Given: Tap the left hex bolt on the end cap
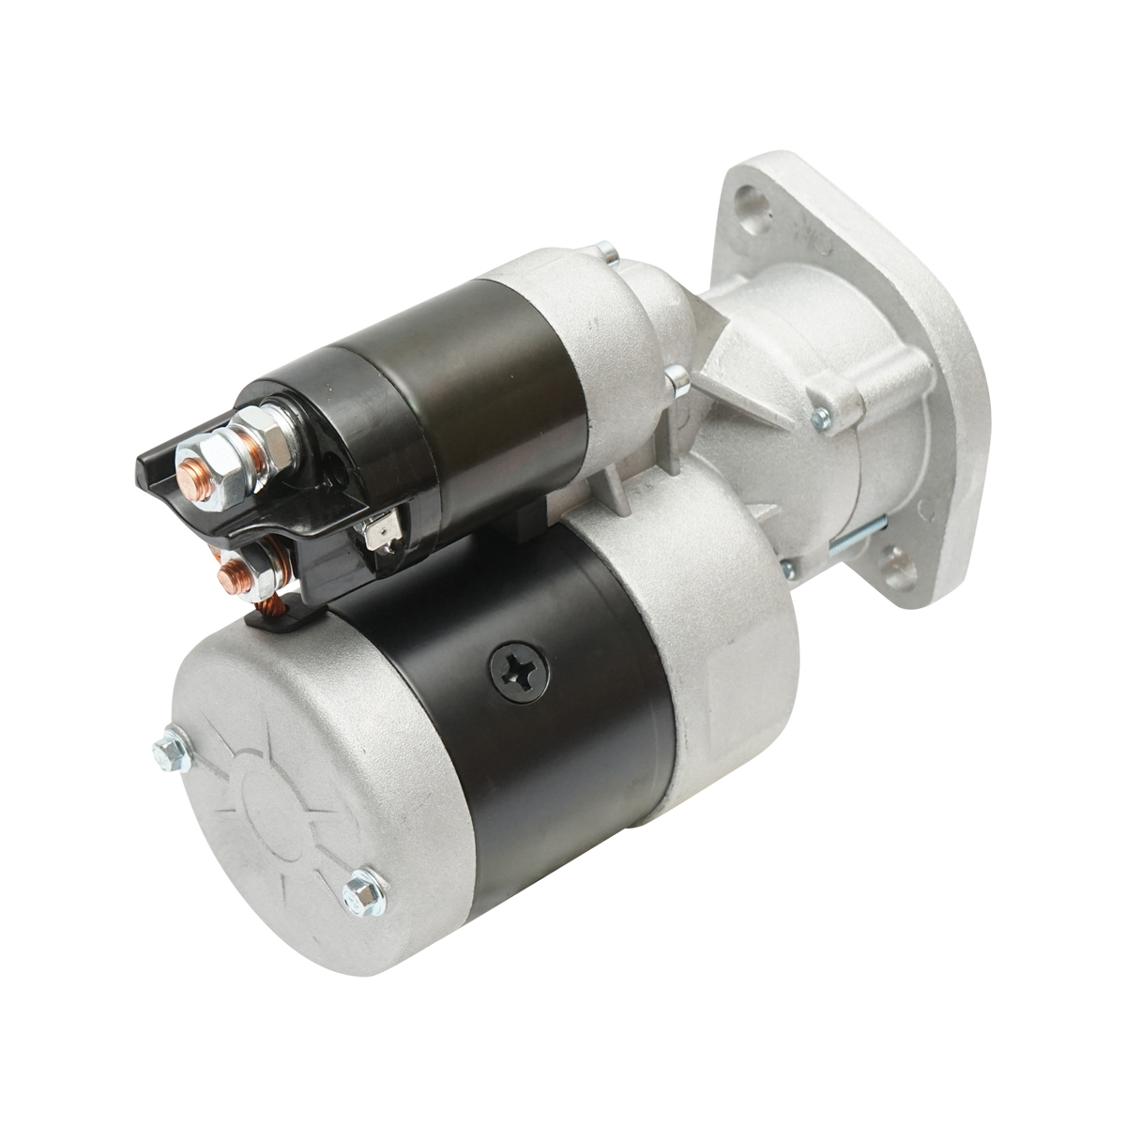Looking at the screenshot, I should click(170, 750).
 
